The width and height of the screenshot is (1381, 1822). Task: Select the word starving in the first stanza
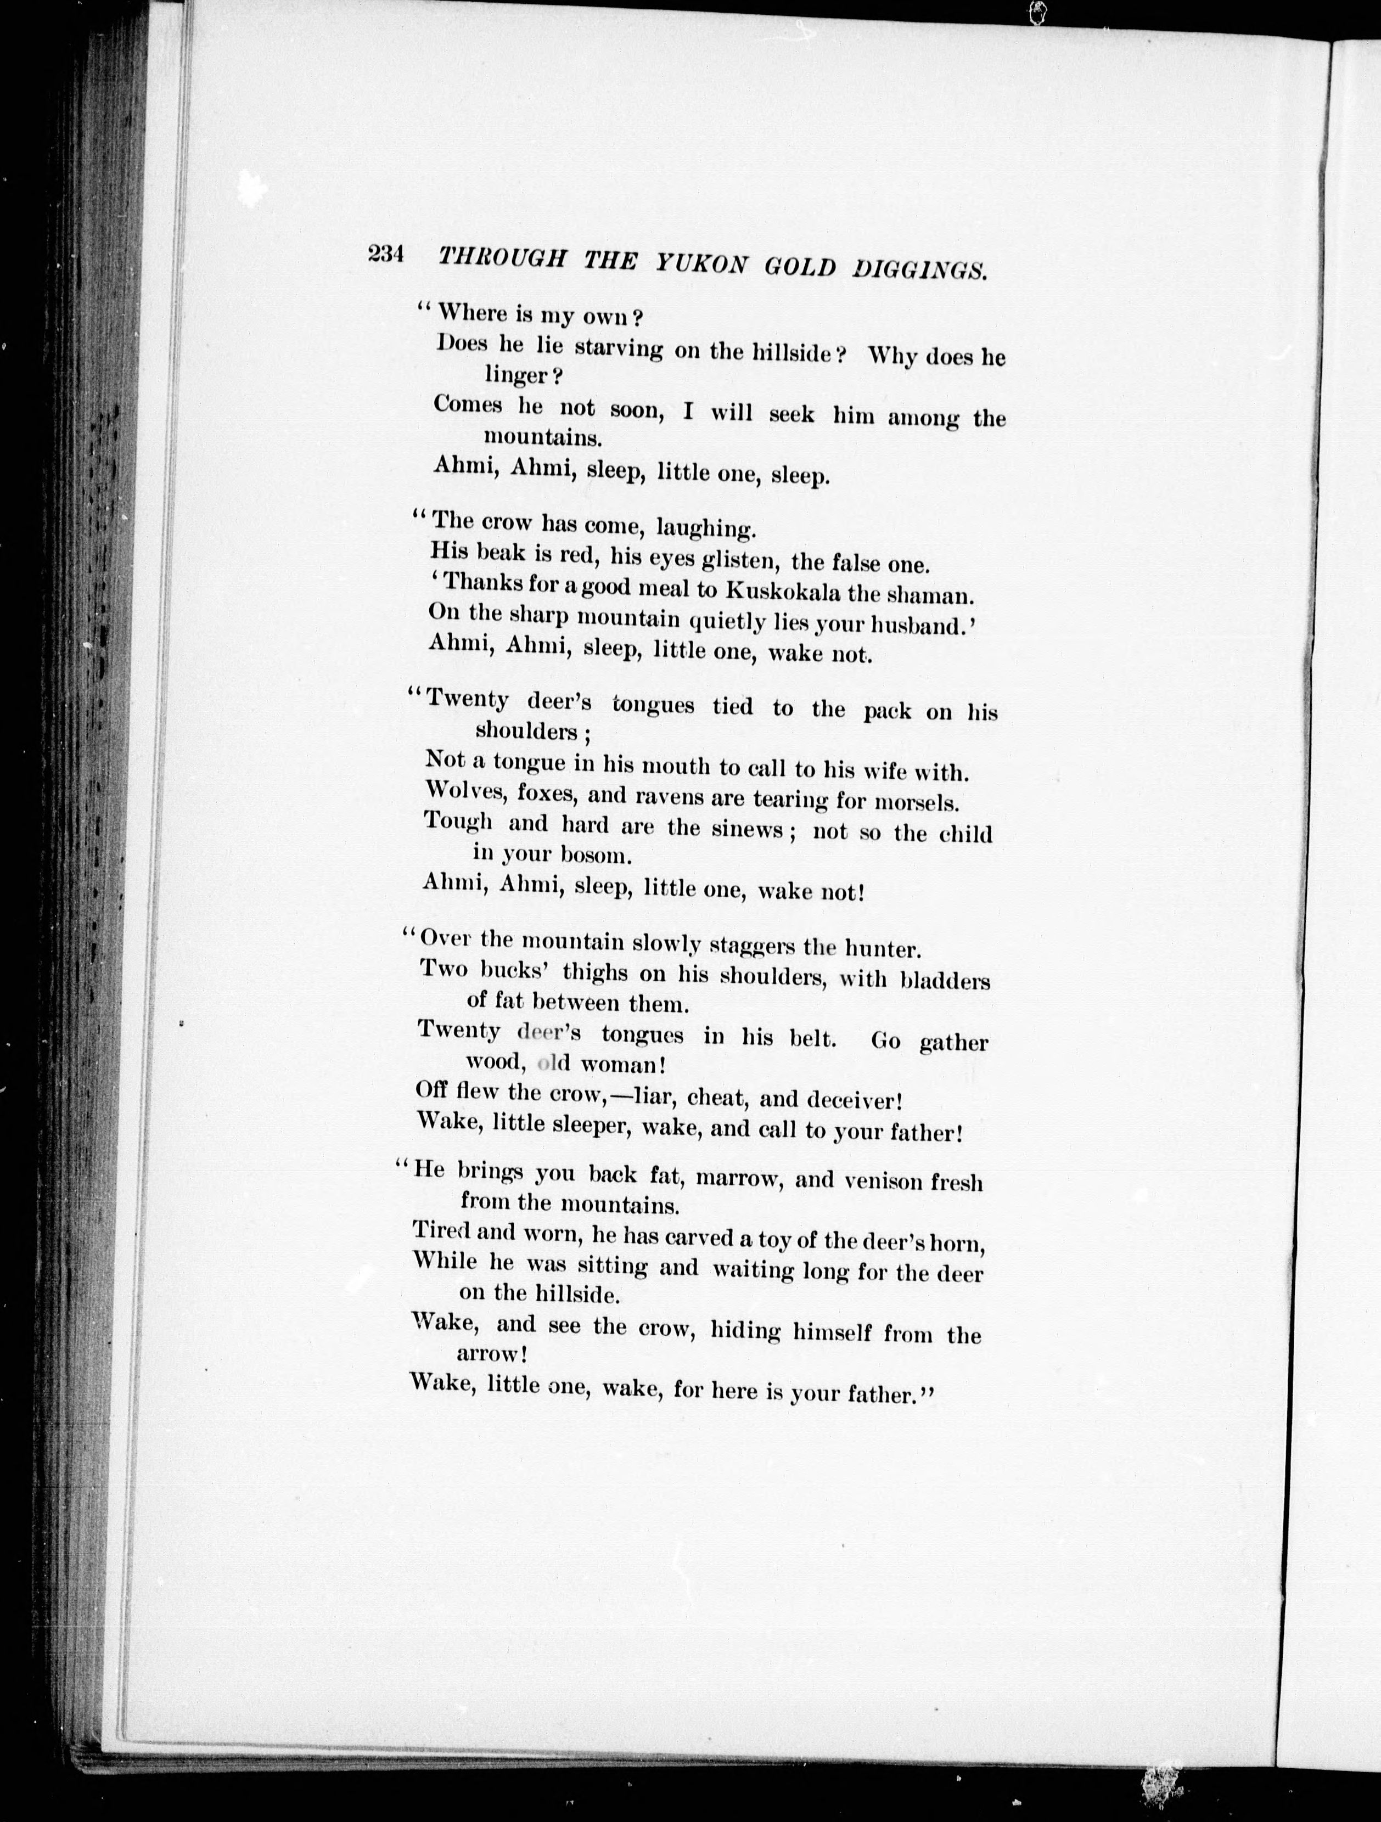(x=618, y=348)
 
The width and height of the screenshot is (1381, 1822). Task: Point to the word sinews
(x=748, y=829)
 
